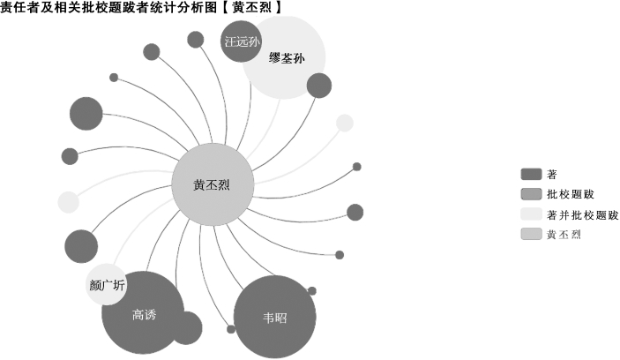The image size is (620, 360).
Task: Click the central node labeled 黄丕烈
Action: coord(213,185)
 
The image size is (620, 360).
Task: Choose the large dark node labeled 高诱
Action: coord(143,313)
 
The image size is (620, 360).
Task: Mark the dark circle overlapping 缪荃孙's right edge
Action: coord(318,86)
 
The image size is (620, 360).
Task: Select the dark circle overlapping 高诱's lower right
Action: coord(185,328)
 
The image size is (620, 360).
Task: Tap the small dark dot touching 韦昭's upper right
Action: coord(311,290)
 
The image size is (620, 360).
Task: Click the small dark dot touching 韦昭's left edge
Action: coord(231,329)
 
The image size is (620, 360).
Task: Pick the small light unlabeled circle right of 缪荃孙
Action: coord(345,123)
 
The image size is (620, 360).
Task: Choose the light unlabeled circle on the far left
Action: coord(68,202)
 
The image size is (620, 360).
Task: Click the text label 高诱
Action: coord(143,314)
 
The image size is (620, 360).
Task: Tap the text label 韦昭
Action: coord(274,318)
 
